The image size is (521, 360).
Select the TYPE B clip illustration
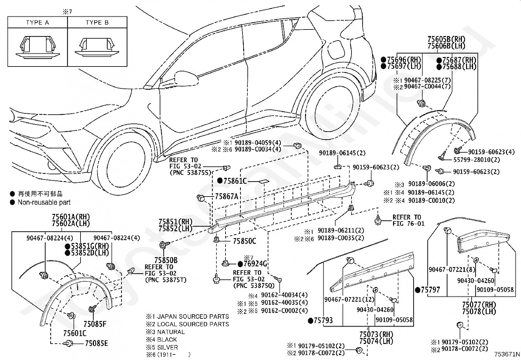click(x=97, y=47)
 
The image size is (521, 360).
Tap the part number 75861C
click(x=235, y=181)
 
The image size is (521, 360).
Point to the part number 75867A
click(x=226, y=197)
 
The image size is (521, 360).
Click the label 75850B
click(x=166, y=260)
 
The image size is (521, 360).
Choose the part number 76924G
click(x=255, y=264)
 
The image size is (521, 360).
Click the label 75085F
click(x=95, y=324)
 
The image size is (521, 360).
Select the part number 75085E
click(x=97, y=343)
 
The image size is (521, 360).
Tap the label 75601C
click(x=75, y=333)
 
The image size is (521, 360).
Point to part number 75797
click(x=431, y=290)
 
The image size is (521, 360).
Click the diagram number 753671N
click(x=507, y=354)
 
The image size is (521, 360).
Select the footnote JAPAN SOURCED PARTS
click(x=193, y=316)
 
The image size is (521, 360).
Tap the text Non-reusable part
click(x=44, y=202)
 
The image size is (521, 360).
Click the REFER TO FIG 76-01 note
click(x=408, y=220)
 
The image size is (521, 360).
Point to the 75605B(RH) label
click(x=446, y=39)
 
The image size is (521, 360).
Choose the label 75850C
click(x=244, y=241)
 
